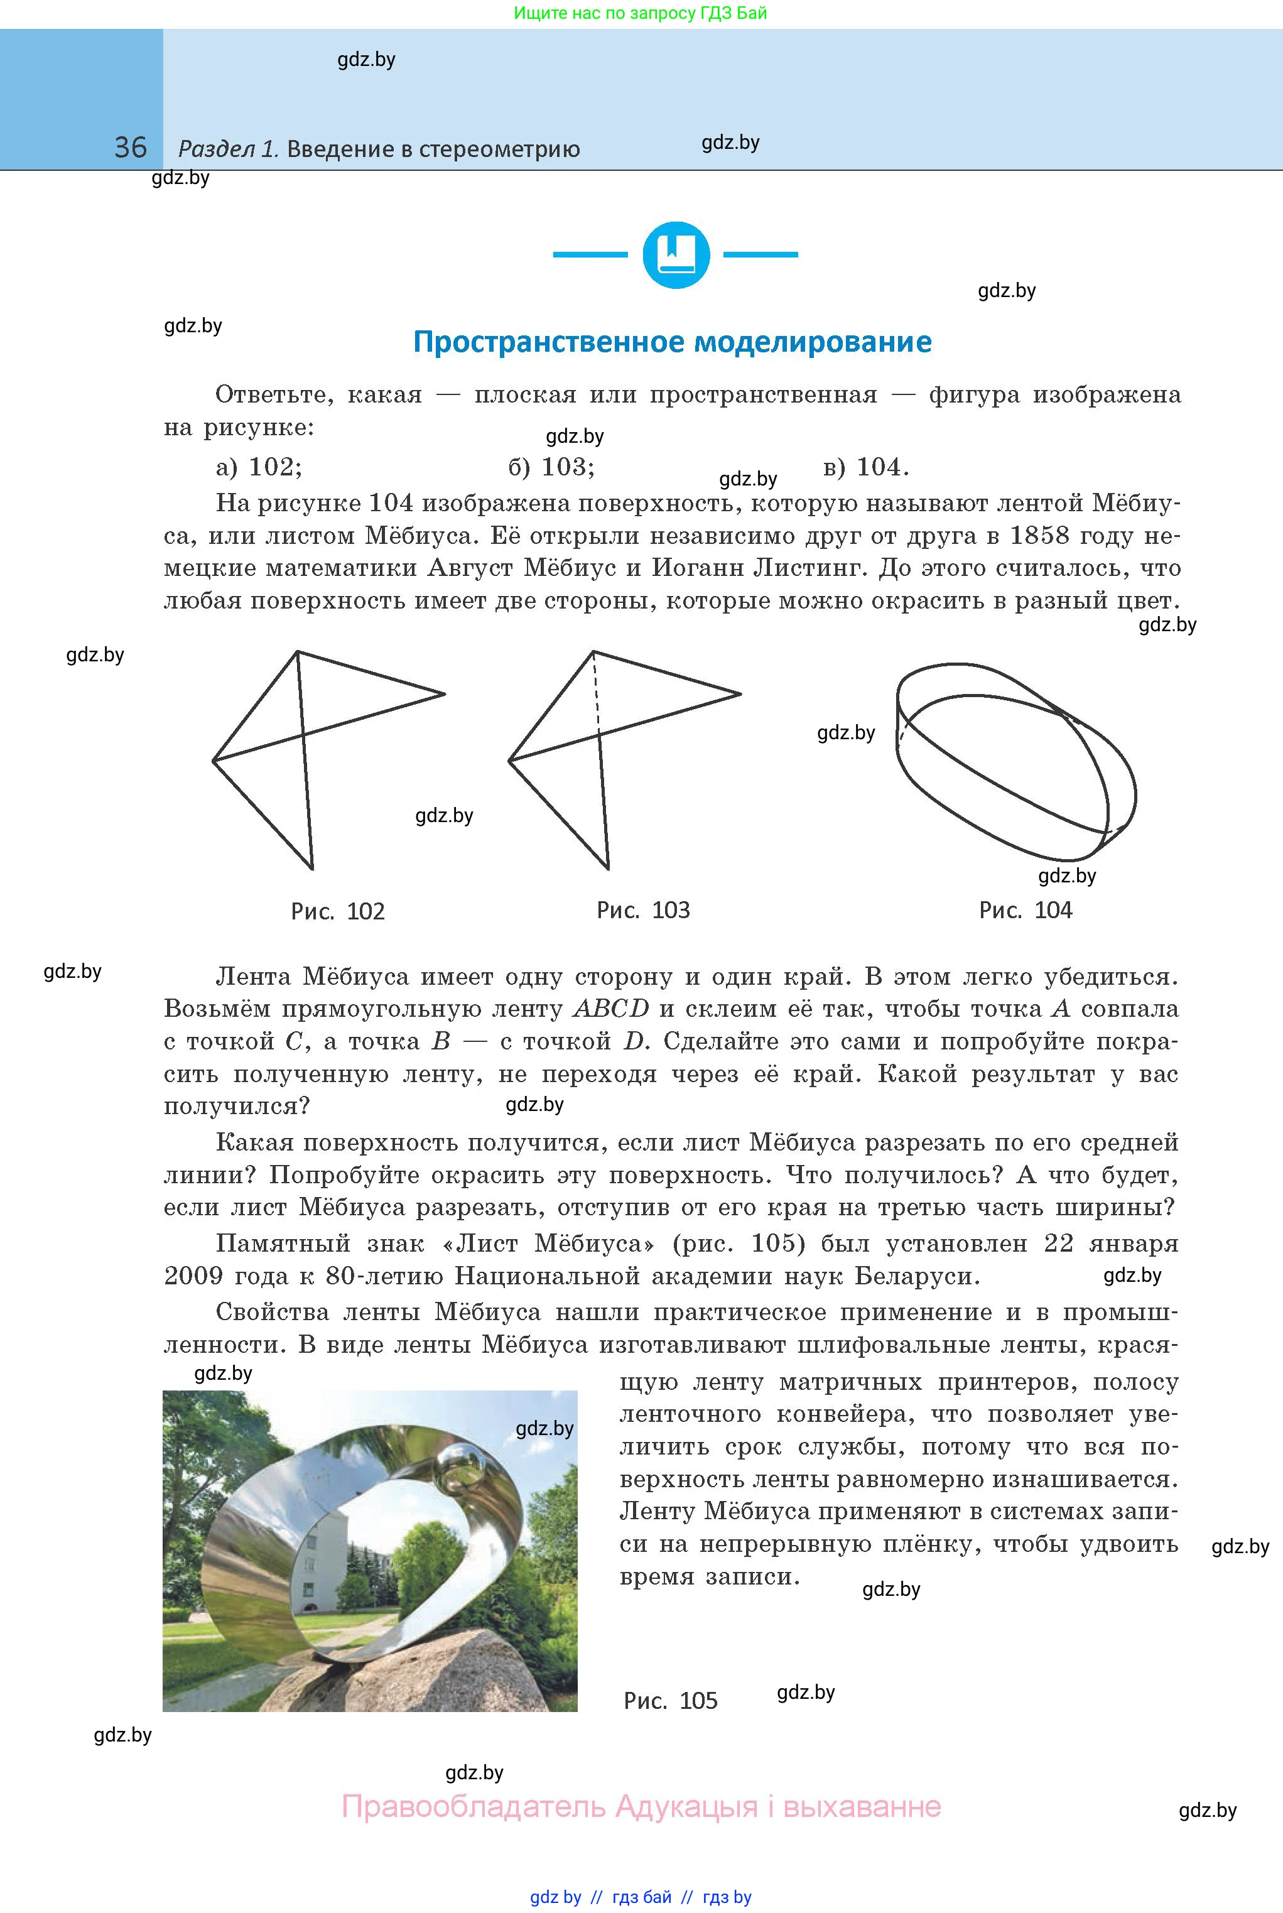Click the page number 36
pyautogui.click(x=130, y=148)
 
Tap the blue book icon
pyautogui.click(x=676, y=254)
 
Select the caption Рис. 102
pyautogui.click(x=337, y=911)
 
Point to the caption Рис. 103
pyautogui.click(x=643, y=911)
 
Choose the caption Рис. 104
pyautogui.click(x=1026, y=911)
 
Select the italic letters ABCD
pyautogui.click(x=611, y=1009)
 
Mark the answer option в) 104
pyautogui.click(x=866, y=467)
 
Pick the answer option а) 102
pyautogui.click(x=259, y=467)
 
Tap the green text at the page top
pyautogui.click(x=640, y=13)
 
